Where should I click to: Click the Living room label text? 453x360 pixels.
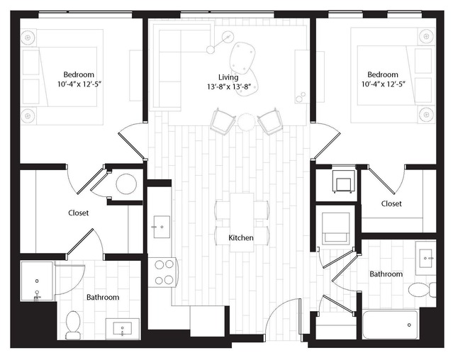228,77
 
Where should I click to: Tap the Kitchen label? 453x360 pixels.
240,238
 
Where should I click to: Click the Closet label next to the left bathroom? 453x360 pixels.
78,213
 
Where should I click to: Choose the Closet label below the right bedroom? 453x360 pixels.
391,203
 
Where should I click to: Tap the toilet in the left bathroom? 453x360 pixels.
72,325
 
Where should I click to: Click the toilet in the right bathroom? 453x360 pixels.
419,289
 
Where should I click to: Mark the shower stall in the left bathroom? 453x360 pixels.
37,282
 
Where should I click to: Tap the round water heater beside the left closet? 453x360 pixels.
125,184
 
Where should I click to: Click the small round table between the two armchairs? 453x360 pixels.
245,121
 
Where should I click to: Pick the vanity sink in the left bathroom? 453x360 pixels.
121,329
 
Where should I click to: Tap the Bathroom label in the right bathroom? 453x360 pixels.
386,274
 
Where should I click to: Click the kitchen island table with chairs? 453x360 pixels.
242,220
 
